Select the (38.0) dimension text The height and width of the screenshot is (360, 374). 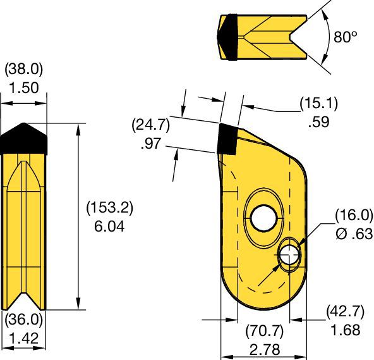pyautogui.click(x=23, y=69)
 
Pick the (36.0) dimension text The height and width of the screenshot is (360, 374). pyautogui.click(x=23, y=321)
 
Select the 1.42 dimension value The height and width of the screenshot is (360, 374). pyautogui.click(x=23, y=338)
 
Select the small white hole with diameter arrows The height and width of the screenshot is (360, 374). pyautogui.click(x=289, y=255)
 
